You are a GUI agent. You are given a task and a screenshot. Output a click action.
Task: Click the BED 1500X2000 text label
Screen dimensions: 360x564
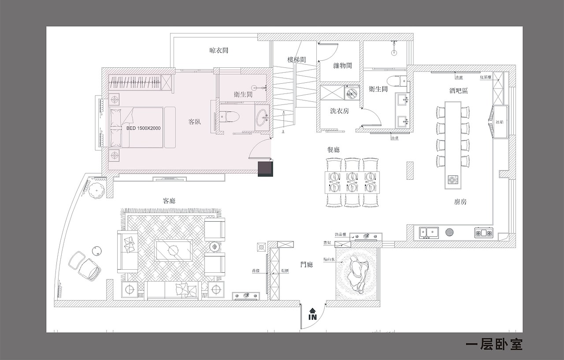[x=143, y=128]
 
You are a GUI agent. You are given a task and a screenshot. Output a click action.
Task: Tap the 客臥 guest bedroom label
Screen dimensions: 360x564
[x=195, y=122]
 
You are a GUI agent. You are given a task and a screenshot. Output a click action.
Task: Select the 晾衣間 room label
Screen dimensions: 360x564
[x=219, y=51]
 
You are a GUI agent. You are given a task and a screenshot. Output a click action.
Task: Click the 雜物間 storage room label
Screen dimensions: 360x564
[x=342, y=66]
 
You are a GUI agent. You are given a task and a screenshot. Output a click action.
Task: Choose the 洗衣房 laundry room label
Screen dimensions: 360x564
[x=339, y=111]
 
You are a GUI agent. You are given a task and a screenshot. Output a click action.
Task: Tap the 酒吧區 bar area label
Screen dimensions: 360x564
[x=458, y=91]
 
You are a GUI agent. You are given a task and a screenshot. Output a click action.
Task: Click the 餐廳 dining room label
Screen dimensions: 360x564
[x=334, y=150]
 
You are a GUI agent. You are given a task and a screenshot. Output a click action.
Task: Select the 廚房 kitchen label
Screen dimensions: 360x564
[x=460, y=202]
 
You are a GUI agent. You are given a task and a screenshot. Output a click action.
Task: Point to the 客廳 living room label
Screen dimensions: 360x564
[x=169, y=200]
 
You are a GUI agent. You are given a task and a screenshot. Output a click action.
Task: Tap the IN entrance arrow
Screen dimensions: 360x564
[x=312, y=314]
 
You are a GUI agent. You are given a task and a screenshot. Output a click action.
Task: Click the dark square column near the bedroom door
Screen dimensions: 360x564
[x=266, y=169]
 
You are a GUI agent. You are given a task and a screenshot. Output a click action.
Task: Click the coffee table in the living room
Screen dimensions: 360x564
[x=173, y=250]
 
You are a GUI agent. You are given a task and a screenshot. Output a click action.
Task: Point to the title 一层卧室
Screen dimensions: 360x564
[x=493, y=344]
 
